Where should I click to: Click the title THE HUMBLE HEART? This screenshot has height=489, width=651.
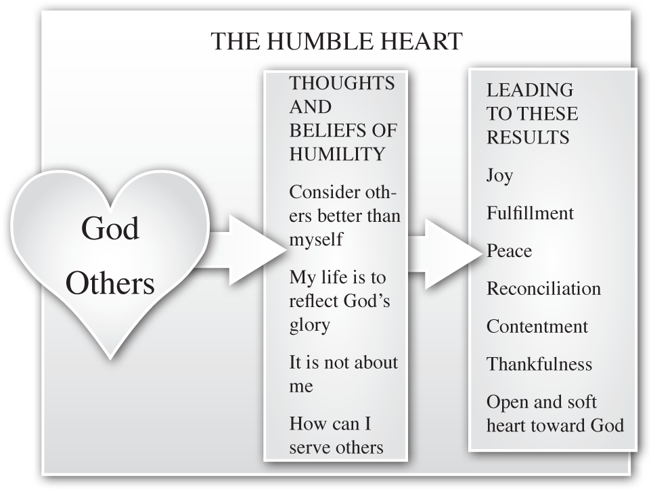click(x=336, y=41)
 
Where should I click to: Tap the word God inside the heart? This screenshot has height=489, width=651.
click(x=110, y=229)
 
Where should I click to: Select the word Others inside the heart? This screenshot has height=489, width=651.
click(x=110, y=284)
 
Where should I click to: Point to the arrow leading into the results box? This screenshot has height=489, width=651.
click(x=443, y=252)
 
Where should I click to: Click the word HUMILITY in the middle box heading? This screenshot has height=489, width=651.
click(x=337, y=154)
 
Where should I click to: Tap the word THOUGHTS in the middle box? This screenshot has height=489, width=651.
click(x=342, y=83)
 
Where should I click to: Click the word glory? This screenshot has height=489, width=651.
click(x=309, y=325)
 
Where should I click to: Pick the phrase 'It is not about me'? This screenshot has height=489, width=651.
click(x=343, y=374)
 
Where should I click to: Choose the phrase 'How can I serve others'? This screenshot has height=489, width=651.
click(x=336, y=436)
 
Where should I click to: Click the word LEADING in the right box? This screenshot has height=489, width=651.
click(x=529, y=90)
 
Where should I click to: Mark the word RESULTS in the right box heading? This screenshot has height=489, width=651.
click(x=528, y=137)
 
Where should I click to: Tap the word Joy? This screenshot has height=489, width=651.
click(x=499, y=176)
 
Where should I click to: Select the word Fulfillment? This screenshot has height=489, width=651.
click(x=530, y=214)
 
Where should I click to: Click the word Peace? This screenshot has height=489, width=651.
click(x=509, y=252)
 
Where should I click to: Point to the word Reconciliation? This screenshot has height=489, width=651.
click(x=543, y=289)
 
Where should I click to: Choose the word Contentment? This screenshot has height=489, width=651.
click(x=537, y=327)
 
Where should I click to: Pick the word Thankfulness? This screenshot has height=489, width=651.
click(x=539, y=365)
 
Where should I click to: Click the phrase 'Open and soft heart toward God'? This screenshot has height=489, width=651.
click(x=554, y=413)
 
